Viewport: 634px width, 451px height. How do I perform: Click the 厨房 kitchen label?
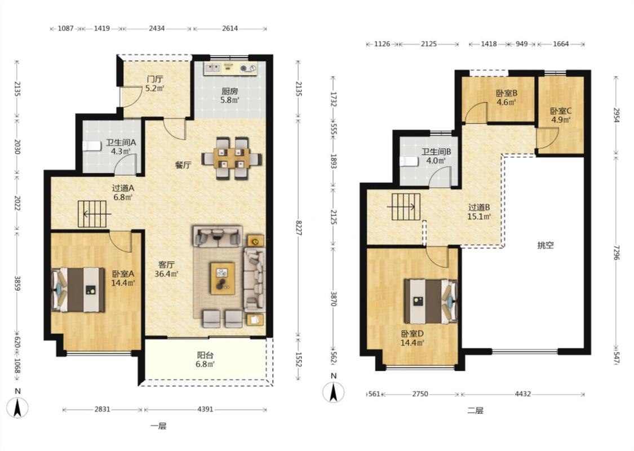[229, 91]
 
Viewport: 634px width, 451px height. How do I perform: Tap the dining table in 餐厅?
[232, 158]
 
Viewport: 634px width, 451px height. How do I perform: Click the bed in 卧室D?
[431, 302]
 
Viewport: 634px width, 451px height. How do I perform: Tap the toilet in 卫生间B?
[409, 162]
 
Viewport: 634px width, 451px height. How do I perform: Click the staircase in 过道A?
[92, 214]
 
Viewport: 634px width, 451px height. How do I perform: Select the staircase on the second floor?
[406, 207]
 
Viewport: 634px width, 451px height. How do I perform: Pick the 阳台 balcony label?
[205, 355]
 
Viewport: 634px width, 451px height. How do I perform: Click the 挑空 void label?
[546, 245]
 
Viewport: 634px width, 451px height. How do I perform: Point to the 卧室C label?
[561, 111]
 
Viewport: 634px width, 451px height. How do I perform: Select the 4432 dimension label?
[523, 393]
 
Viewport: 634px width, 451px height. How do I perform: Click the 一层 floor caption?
[158, 426]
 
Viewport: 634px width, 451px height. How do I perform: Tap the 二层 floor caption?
[476, 410]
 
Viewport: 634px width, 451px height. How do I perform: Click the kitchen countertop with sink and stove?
[230, 68]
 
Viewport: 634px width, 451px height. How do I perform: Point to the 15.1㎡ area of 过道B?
[479, 217]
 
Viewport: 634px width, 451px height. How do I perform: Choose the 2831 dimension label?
[103, 409]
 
